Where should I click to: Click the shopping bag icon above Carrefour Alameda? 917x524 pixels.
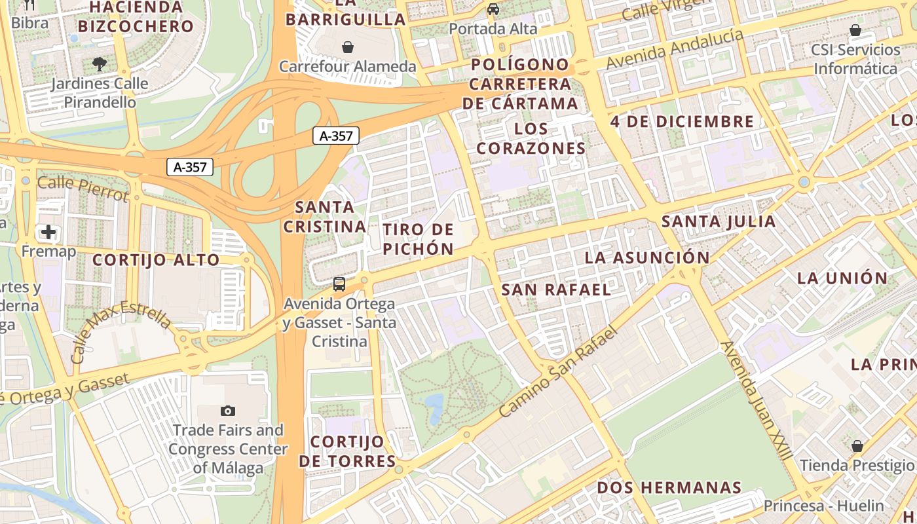pyautogui.click(x=348, y=47)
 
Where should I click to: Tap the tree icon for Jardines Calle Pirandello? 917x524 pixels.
pyautogui.click(x=100, y=64)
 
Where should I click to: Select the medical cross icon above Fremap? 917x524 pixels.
pyautogui.click(x=48, y=232)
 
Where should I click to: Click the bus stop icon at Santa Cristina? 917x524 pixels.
pyautogui.click(x=339, y=284)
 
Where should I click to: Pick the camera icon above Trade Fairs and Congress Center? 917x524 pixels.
pyautogui.click(x=227, y=411)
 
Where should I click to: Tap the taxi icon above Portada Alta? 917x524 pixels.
pyautogui.click(x=493, y=9)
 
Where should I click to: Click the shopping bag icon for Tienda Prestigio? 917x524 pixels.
pyautogui.click(x=857, y=446)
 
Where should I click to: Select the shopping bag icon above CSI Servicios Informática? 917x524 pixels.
pyautogui.click(x=855, y=30)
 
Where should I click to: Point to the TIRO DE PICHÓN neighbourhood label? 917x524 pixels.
pyautogui.click(x=418, y=239)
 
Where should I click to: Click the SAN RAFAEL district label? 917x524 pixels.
pyautogui.click(x=556, y=290)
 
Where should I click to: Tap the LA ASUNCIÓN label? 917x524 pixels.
pyautogui.click(x=646, y=257)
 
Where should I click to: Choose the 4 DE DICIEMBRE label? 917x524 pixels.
pyautogui.click(x=682, y=121)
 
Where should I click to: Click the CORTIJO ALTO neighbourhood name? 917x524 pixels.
pyautogui.click(x=156, y=260)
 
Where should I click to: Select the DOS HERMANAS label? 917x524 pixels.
pyautogui.click(x=669, y=488)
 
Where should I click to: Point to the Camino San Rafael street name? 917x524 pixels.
pyautogui.click(x=558, y=372)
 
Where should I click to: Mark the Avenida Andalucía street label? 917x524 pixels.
pyautogui.click(x=675, y=49)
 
